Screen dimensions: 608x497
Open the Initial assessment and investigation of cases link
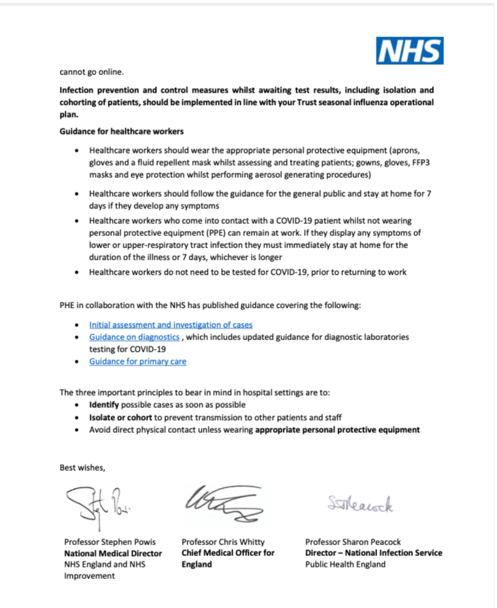click(x=170, y=325)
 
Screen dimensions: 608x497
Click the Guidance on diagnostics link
click(x=134, y=337)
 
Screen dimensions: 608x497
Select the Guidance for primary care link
click(x=138, y=361)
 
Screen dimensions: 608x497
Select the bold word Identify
click(x=105, y=405)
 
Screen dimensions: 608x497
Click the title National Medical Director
click(x=113, y=553)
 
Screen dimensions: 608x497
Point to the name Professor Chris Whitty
click(x=223, y=542)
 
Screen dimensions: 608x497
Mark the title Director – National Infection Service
click(x=373, y=553)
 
